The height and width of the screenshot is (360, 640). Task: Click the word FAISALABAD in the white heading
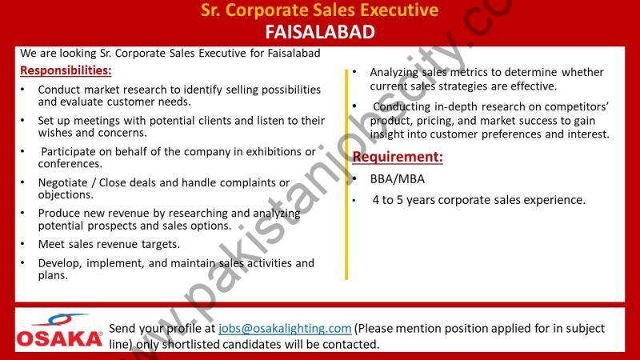(320, 32)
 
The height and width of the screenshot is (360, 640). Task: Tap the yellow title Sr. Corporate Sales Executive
(319, 10)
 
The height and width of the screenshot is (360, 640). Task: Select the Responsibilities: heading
(66, 70)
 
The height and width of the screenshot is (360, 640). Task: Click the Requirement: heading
(398, 157)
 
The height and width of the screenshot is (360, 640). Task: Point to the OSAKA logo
(59, 330)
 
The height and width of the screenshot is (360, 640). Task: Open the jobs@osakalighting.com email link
(285, 329)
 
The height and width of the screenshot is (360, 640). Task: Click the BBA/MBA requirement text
(397, 179)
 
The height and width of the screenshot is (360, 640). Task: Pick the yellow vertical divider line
(346, 174)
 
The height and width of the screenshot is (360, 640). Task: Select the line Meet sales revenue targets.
(109, 244)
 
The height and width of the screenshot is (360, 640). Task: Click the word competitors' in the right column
(576, 106)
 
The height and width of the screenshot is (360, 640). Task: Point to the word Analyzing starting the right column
(394, 73)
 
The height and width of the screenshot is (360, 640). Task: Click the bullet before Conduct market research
(23, 90)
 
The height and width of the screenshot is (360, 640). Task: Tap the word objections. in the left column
(66, 194)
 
